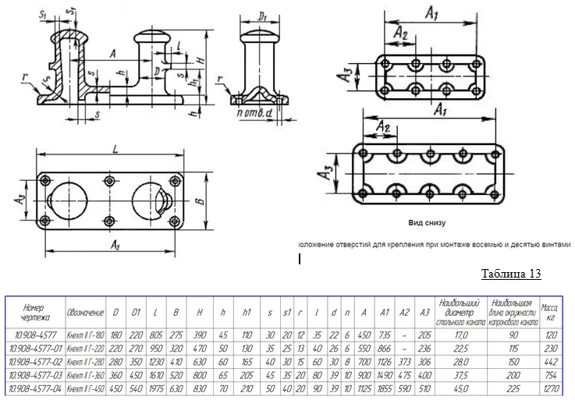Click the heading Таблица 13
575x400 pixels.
click(510, 274)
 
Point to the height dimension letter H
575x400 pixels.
click(201, 60)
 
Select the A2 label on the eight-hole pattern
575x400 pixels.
click(400, 34)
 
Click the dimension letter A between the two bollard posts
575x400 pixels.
click(114, 53)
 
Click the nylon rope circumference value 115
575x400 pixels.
click(512, 350)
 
